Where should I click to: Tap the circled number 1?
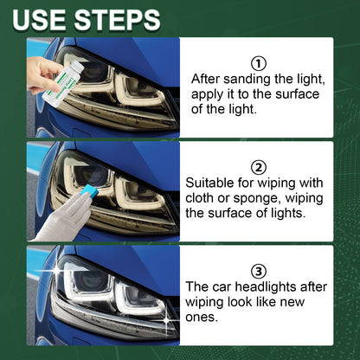pyautogui.click(x=257, y=62)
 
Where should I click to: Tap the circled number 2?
pyautogui.click(x=257, y=167)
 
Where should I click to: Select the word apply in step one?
pyautogui.click(x=209, y=93)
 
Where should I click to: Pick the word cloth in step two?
pyautogui.click(x=203, y=197)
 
